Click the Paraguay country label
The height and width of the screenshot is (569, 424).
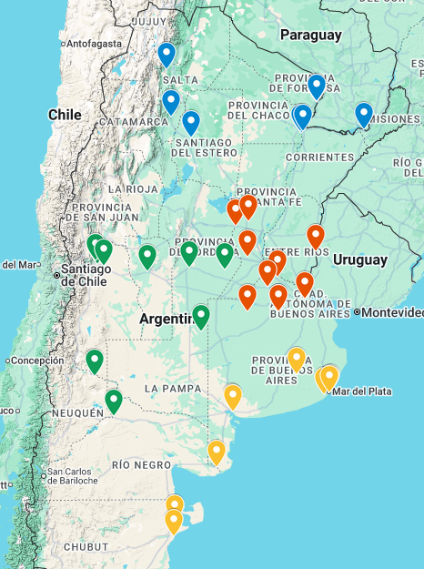click(310, 35)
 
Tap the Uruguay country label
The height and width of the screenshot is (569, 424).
click(359, 259)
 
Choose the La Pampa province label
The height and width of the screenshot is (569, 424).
click(171, 389)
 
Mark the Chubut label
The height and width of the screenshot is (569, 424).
click(86, 546)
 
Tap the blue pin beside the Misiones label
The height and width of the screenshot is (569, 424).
click(364, 115)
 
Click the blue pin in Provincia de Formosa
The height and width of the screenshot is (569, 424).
click(316, 86)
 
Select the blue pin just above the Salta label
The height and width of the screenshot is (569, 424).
click(166, 55)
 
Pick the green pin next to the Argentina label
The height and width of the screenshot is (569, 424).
click(201, 316)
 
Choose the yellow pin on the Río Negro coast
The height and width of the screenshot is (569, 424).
click(217, 452)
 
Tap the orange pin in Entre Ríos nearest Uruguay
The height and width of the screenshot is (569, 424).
click(315, 236)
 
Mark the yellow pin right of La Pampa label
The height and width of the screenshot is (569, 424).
click(233, 396)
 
